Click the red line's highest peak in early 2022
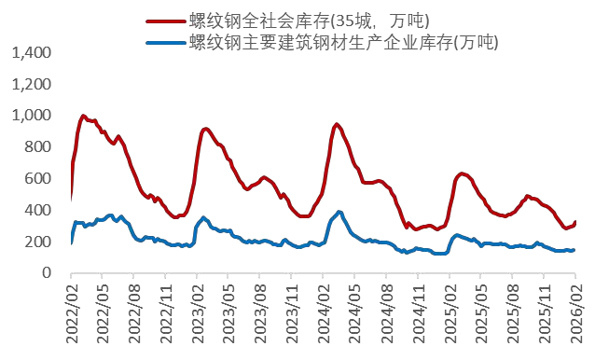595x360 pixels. point(84,116)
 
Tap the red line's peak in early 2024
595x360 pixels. point(337,124)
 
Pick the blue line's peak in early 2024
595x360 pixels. point(339,212)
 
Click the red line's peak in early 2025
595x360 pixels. point(463,173)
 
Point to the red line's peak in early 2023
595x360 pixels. point(206,129)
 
